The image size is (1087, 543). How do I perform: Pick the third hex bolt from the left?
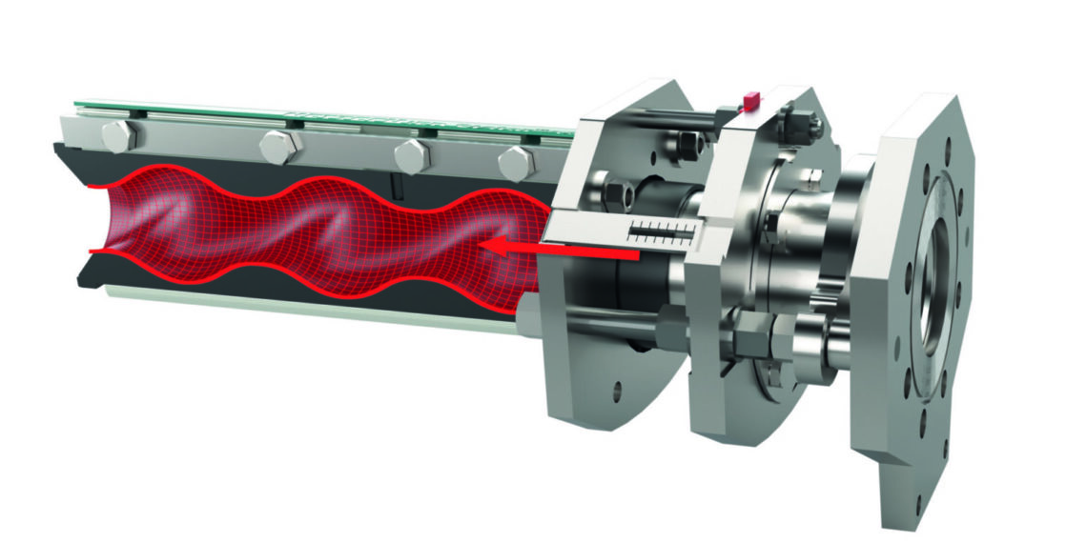pyautogui.click(x=412, y=154)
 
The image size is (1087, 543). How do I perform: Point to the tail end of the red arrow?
pyautogui.click(x=634, y=256)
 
